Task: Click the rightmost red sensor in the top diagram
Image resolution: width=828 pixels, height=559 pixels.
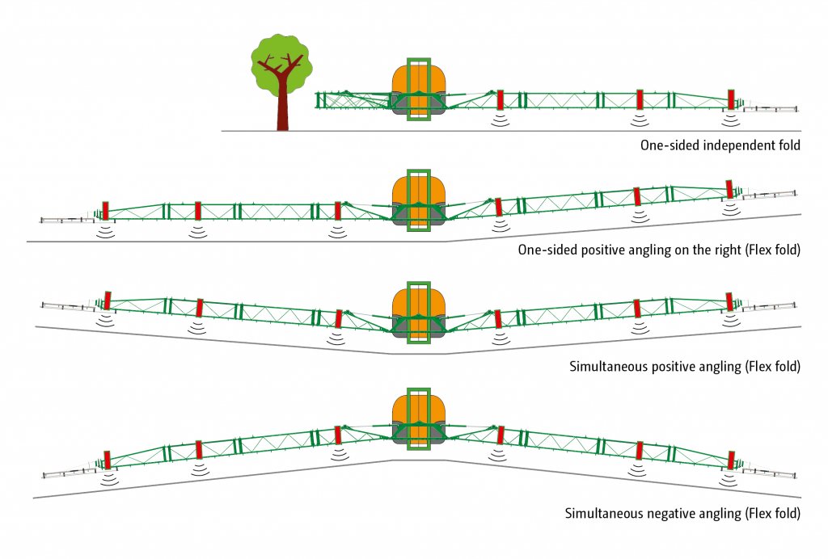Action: point(731,99)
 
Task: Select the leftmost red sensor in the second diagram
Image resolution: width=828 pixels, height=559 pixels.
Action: point(105,211)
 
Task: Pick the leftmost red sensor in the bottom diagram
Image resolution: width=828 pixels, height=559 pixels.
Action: point(108,460)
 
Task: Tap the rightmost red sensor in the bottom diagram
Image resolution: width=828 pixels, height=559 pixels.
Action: point(731,460)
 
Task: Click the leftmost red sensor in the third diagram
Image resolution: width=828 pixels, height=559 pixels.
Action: point(108,301)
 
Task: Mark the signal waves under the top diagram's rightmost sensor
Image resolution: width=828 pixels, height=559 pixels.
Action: point(731,120)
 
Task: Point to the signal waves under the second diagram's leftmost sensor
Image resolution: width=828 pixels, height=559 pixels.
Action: point(106,232)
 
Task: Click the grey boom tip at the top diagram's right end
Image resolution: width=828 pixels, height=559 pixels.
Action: point(770,109)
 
